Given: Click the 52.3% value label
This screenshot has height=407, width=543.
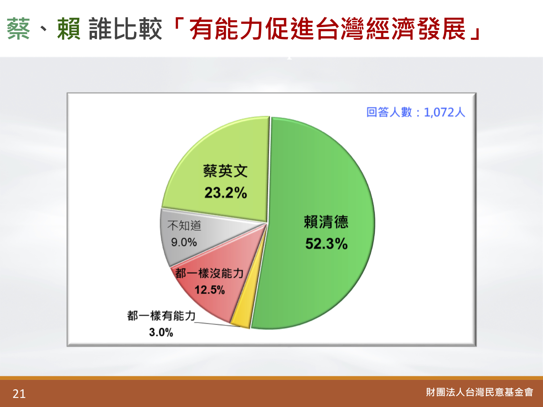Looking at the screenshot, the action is pyautogui.click(x=326, y=243).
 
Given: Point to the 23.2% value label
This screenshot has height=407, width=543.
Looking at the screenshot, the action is pyautogui.click(x=226, y=193).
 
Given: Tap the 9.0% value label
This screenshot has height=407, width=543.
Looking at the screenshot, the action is pyautogui.click(x=184, y=242).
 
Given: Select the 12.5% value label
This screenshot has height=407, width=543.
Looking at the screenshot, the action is pyautogui.click(x=210, y=290).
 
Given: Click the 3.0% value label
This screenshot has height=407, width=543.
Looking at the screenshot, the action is pyautogui.click(x=161, y=332).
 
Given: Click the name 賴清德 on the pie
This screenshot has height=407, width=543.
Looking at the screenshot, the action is pyautogui.click(x=326, y=222).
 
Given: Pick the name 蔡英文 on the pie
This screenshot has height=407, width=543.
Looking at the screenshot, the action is pyautogui.click(x=226, y=171).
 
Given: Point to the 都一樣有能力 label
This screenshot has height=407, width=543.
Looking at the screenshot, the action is pyautogui.click(x=161, y=316).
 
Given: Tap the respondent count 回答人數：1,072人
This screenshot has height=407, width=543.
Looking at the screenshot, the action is pyautogui.click(x=416, y=113).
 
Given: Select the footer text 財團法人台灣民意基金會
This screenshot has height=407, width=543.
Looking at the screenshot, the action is pyautogui.click(x=479, y=392).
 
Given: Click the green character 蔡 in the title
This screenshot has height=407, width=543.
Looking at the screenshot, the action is pyautogui.click(x=18, y=29).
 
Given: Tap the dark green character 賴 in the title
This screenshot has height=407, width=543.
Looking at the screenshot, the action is pyautogui.click(x=69, y=29).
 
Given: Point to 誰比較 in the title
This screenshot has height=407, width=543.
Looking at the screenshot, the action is pyautogui.click(x=125, y=29).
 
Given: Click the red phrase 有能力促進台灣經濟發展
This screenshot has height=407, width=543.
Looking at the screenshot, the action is pyautogui.click(x=328, y=29).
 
